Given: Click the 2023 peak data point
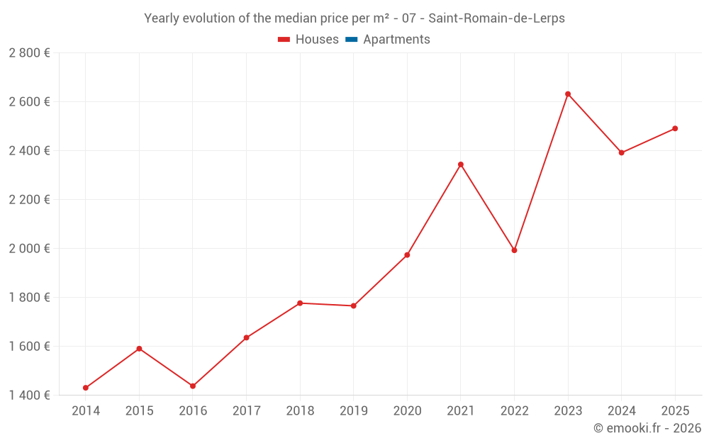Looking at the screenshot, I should [568, 94].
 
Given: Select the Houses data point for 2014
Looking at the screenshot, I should [86, 388].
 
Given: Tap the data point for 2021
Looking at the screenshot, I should [461, 164].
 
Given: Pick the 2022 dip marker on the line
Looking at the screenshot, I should [514, 250].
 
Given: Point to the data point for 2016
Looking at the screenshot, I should [193, 386].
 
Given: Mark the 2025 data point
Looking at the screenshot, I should [675, 128].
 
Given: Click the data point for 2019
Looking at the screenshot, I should [354, 306].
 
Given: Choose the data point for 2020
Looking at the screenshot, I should [407, 255].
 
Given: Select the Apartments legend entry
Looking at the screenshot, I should [396, 40].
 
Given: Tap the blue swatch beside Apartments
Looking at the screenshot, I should [352, 40].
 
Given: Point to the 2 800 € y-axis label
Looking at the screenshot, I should [29, 53].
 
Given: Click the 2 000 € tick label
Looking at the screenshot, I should [29, 249].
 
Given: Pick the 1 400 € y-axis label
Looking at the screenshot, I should [29, 396].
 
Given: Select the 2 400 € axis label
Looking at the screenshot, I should [29, 151].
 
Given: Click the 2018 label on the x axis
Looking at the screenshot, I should [300, 411].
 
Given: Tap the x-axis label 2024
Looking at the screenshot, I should [621, 411].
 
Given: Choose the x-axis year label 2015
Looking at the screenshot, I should [139, 411].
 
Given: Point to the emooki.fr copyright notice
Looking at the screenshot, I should [647, 428].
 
